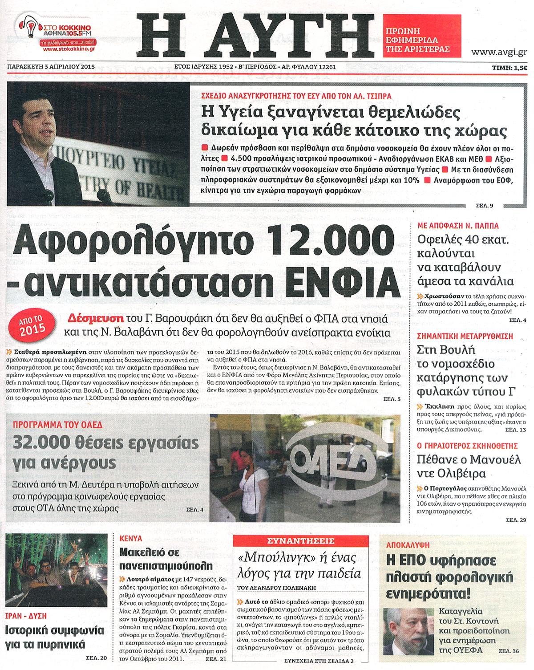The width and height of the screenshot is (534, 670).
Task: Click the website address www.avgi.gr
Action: click(499, 52)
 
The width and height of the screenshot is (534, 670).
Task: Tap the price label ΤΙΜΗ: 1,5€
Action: click(509, 68)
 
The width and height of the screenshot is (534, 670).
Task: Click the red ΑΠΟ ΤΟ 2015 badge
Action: click(32, 326)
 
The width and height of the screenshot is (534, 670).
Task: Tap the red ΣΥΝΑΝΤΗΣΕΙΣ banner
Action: click(301, 541)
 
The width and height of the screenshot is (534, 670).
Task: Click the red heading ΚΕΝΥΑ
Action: click(131, 538)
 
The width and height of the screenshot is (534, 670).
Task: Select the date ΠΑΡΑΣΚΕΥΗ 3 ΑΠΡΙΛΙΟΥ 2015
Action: click(51, 67)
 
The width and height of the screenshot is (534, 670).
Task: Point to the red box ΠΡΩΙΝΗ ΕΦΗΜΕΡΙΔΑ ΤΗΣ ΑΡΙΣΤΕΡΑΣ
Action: click(421, 40)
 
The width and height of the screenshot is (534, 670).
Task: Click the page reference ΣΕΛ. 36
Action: click(509, 651)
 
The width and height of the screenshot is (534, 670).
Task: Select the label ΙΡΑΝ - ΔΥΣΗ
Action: click(26, 616)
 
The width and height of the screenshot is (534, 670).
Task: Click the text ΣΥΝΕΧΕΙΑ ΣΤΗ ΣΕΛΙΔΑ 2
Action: click(319, 661)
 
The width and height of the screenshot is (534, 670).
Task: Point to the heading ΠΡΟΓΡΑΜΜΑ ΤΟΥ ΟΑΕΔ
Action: click(58, 425)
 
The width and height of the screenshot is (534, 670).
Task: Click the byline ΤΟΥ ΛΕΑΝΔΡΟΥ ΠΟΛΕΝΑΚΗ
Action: click(276, 588)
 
